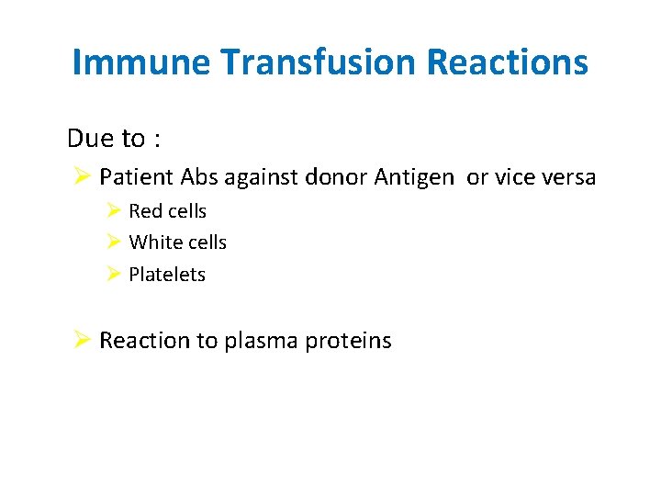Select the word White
click(152, 242)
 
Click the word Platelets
click(167, 275)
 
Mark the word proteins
click(348, 342)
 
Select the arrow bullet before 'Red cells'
click(114, 211)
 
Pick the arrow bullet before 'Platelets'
click(114, 274)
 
